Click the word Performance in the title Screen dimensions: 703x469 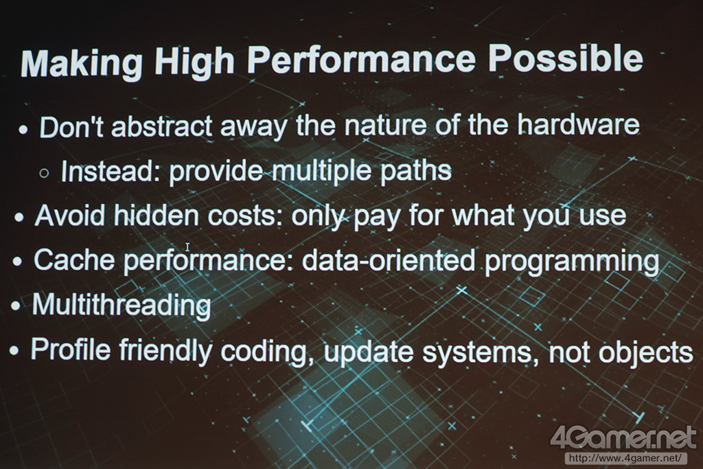coord(361,59)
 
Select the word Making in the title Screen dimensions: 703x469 coord(81,64)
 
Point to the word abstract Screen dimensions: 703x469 coord(161,126)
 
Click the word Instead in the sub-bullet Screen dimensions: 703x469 coord(111,171)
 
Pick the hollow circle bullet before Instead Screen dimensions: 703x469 coord(44,173)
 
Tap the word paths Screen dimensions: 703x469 coord(415,171)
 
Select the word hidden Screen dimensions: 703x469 coord(156,214)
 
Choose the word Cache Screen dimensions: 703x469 coord(74,259)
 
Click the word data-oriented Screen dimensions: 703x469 coord(389,260)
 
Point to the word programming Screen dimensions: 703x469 coord(572,262)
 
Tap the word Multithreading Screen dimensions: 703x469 coord(122,305)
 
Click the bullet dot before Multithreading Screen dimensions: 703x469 coord(16,306)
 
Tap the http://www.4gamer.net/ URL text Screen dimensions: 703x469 coord(626,458)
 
